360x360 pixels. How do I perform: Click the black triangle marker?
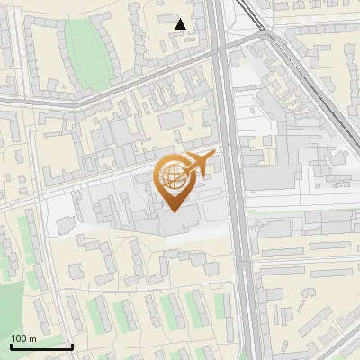(x=181, y=24)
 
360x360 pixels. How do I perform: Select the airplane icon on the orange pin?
(x=200, y=164)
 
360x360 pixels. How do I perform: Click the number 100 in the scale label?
(x=19, y=338)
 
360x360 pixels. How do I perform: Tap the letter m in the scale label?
(x=31, y=338)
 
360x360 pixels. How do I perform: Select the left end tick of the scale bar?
(x=11, y=346)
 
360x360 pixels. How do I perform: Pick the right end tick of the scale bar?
(x=72, y=346)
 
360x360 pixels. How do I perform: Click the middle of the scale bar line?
(x=41, y=347)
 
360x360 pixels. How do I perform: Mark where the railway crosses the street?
(x=267, y=34)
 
